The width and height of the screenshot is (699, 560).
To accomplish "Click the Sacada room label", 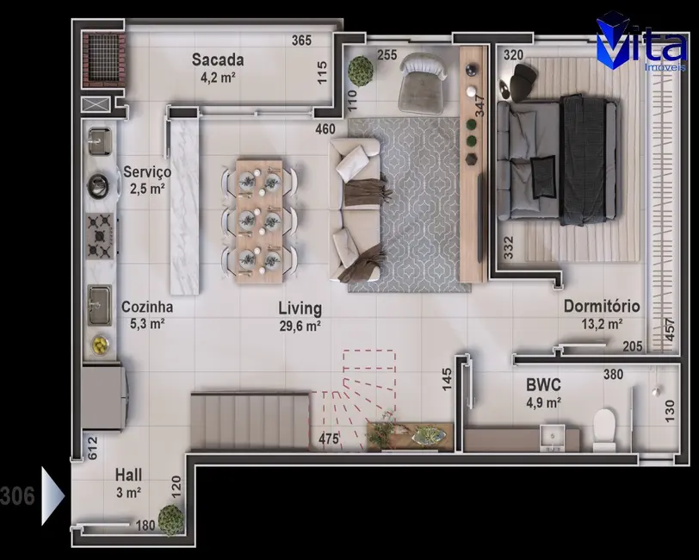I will pos(217,60).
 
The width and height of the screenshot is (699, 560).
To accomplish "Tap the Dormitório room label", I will pos(601,306).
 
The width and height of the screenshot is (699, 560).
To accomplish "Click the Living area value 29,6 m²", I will pos(300,326).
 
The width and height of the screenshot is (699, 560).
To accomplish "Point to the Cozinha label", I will pos(146,307).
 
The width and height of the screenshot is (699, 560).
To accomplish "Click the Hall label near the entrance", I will pos(128,475).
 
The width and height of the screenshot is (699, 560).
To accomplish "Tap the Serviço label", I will pos(146,171).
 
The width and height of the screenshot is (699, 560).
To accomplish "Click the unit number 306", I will pos(17,495).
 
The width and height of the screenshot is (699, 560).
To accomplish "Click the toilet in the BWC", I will pos(605,428).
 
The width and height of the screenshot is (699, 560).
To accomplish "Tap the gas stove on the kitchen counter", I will pos(100,237).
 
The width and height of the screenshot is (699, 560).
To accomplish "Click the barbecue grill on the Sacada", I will pos(102,59).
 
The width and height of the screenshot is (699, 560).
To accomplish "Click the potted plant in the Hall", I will pos(170,520).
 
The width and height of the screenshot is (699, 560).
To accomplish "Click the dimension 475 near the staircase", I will pos(328,439).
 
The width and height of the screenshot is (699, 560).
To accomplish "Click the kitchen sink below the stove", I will pos(99,301).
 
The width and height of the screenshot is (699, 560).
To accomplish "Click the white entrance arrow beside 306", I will pos(53,495).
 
